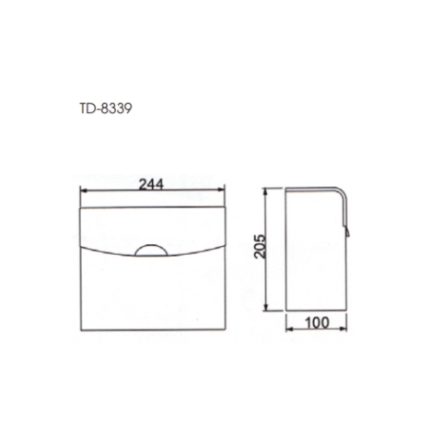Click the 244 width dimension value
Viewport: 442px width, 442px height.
(153, 183)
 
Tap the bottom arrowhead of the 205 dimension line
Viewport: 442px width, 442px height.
(267, 310)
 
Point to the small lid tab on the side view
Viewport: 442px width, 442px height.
(348, 227)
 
